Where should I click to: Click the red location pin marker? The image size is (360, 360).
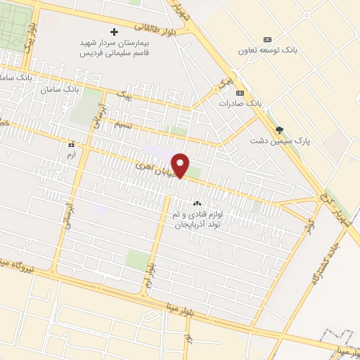[x=181, y=165]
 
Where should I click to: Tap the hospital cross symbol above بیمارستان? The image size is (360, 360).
[x=115, y=32]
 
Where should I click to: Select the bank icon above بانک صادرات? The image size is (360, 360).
[x=240, y=93]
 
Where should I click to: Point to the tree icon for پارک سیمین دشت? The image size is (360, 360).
[x=280, y=130]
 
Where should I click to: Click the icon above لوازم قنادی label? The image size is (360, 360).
[x=196, y=204]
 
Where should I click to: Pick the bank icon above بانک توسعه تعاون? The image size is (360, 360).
[x=267, y=39]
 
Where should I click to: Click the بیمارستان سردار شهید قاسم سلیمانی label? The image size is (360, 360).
[x=115, y=48]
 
